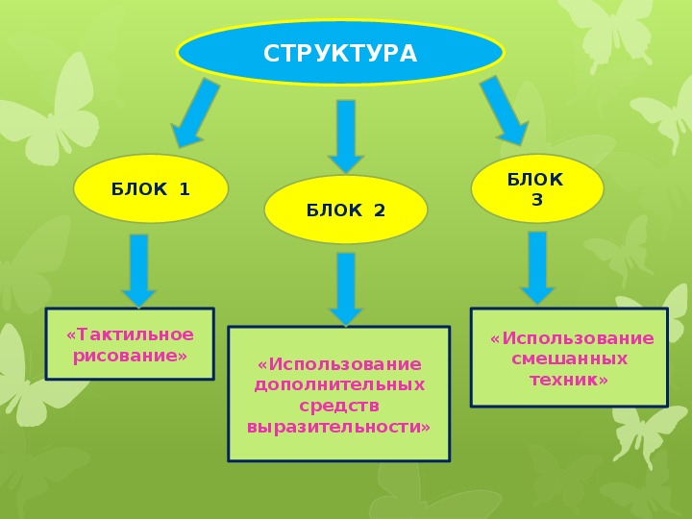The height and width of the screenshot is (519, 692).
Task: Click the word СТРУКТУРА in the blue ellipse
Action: [340, 54]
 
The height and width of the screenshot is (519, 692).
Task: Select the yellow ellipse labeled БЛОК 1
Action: [151, 188]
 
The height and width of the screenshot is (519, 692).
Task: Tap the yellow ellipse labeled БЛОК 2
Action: [346, 210]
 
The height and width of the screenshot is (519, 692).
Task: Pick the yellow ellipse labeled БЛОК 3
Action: [537, 188]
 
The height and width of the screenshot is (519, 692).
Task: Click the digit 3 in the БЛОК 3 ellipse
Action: [537, 200]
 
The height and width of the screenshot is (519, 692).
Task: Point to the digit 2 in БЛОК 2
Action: [379, 210]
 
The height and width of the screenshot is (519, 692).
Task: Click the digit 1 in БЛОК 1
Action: [185, 189]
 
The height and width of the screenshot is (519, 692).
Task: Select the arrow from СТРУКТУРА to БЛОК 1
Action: [194, 113]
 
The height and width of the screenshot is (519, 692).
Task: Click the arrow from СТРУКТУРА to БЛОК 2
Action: [346, 136]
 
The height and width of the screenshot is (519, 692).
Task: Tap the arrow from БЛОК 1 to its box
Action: [139, 270]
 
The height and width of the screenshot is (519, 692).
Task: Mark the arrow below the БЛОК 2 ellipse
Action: [346, 289]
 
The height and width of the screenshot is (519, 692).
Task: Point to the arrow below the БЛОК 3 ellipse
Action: [537, 268]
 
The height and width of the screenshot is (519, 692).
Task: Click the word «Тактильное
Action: [130, 334]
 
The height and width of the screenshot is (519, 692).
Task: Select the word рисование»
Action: [130, 356]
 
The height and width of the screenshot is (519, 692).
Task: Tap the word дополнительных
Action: [339, 384]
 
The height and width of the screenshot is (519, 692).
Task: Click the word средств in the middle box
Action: [339, 406]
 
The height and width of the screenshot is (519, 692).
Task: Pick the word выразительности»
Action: [338, 427]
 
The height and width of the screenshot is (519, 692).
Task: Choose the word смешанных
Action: [569, 358]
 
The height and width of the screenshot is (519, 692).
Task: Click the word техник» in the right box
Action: [569, 380]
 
